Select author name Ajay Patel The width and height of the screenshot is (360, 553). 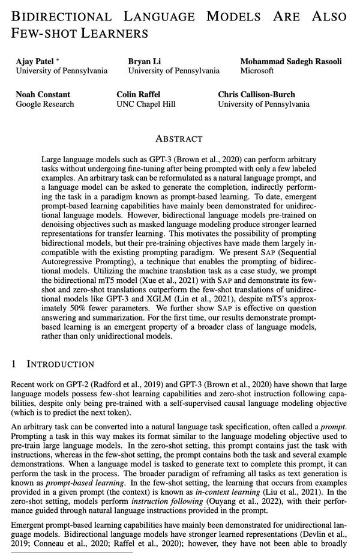tap(34, 61)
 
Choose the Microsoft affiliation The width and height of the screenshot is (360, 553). tap(257, 71)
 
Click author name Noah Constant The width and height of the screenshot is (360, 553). tap(43, 94)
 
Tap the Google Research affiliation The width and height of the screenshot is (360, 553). tap(45, 104)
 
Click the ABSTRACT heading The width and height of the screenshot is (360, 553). tap(179, 139)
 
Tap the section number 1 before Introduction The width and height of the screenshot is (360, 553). tap(14, 364)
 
